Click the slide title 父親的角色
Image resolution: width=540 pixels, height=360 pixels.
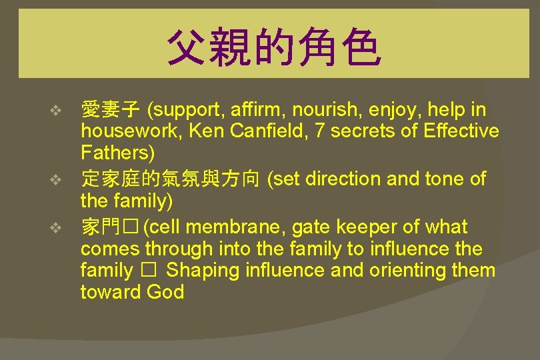click(273, 49)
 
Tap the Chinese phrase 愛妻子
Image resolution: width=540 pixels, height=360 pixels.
click(110, 109)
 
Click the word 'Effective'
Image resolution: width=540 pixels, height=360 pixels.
click(461, 131)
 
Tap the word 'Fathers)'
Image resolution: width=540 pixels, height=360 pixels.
click(117, 153)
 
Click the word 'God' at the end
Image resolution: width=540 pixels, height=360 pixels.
click(165, 292)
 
